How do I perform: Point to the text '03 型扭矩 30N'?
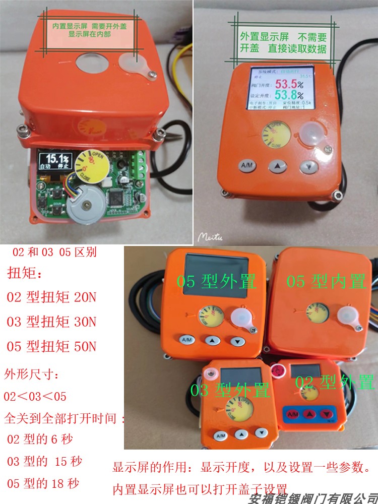(51, 322)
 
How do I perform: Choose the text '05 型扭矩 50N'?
(51, 347)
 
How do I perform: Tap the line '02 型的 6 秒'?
(40, 438)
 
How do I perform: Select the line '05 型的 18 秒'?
(43, 484)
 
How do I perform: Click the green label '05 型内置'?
(326, 281)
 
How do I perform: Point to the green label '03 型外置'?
(230, 390)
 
